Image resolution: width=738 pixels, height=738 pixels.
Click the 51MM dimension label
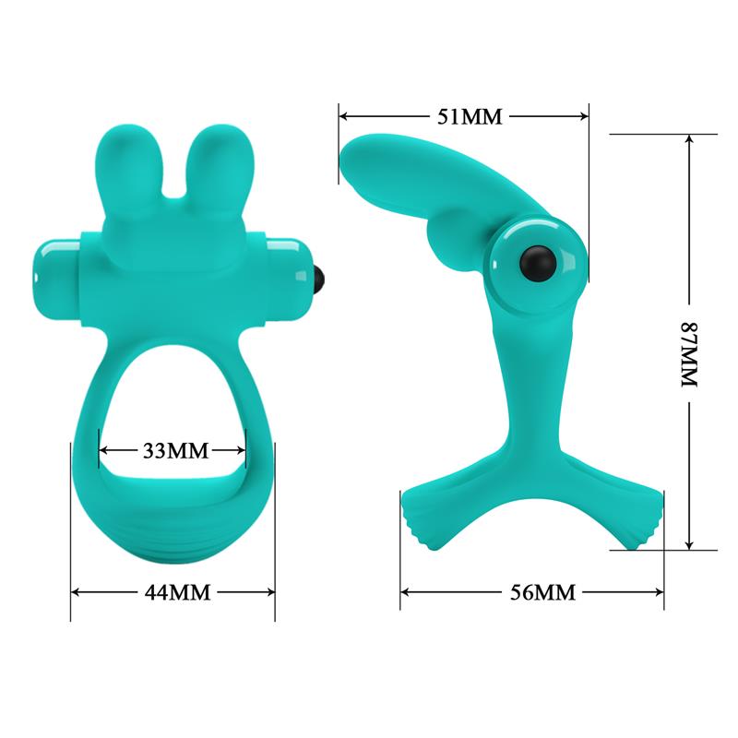tap(464, 116)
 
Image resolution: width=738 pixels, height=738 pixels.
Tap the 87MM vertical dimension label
tap(688, 342)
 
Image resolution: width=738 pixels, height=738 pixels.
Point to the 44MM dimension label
tap(174, 591)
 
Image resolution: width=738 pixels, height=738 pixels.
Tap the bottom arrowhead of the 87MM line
tap(688, 543)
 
